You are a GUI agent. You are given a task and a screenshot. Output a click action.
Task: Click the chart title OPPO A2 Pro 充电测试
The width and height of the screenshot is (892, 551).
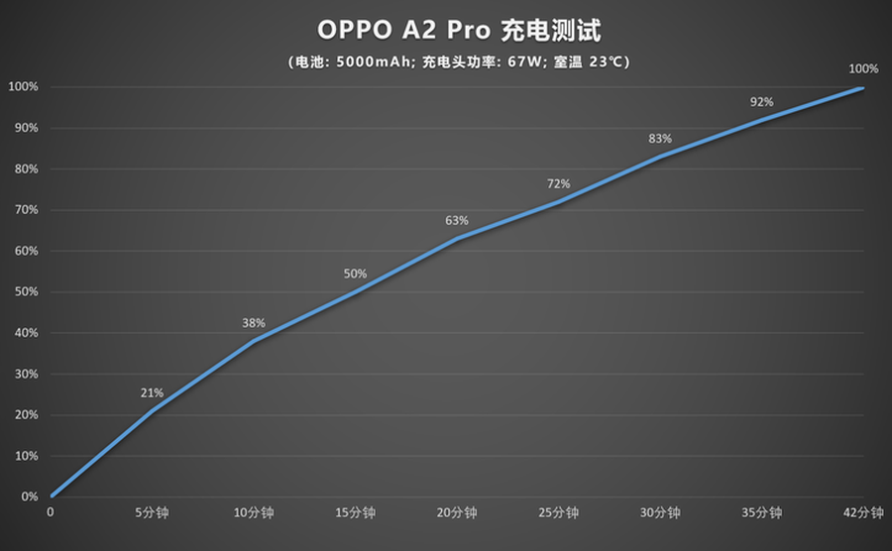(x=459, y=31)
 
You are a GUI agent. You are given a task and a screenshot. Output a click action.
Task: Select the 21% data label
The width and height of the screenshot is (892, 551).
(x=152, y=393)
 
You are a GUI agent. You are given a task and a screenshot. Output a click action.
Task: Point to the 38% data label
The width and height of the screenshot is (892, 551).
(x=254, y=323)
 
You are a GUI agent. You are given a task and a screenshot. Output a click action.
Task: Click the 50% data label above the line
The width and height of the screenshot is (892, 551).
(x=355, y=274)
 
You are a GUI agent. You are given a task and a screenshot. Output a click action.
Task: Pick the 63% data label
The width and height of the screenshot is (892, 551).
(x=457, y=220)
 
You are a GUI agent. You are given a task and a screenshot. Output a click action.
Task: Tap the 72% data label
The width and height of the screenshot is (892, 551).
(x=558, y=183)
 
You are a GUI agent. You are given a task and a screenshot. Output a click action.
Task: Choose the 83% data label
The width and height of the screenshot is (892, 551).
(x=660, y=139)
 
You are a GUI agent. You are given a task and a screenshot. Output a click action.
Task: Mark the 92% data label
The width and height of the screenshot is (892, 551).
(x=761, y=102)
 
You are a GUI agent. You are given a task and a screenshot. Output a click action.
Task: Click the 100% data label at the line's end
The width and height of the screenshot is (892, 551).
(x=863, y=68)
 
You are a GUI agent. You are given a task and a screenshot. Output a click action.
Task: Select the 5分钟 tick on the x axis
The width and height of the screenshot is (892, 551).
(x=153, y=513)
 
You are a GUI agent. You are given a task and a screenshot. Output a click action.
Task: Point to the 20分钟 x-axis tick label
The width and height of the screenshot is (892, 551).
(x=457, y=513)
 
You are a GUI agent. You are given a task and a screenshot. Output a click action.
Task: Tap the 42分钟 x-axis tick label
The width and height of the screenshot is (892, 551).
(x=863, y=513)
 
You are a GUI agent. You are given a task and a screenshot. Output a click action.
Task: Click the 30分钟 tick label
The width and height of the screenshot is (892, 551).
(x=660, y=513)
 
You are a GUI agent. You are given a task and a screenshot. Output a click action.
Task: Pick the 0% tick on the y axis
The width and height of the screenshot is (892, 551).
(x=30, y=496)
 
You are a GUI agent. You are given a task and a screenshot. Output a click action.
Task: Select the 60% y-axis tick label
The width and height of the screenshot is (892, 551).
(x=25, y=251)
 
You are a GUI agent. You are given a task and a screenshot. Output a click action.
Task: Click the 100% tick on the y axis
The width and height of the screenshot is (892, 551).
(x=23, y=87)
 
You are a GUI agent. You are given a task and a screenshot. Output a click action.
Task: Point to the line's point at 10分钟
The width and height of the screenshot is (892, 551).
(x=254, y=341)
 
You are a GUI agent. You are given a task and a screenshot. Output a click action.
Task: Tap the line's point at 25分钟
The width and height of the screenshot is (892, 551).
(x=558, y=202)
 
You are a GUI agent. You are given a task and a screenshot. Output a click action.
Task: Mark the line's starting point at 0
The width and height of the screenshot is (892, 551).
(x=51, y=496)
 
